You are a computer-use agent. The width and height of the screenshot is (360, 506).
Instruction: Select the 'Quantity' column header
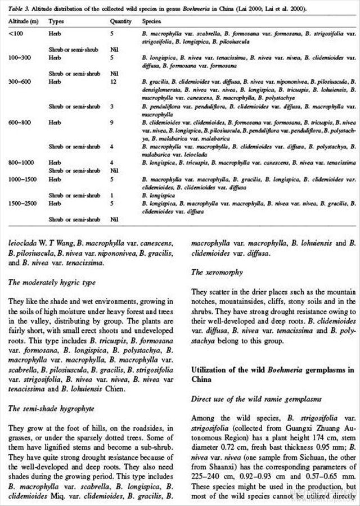121,21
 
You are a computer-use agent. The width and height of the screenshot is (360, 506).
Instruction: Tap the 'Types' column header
56,21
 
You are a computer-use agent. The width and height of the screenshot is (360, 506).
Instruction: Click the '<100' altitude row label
13,34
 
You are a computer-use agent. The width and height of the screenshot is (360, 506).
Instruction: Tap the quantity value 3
112,106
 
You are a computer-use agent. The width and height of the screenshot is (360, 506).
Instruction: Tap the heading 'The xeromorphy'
217,272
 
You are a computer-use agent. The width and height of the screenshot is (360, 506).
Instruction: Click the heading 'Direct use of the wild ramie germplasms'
256,399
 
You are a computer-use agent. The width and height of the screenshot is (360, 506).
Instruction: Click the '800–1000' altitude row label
19,162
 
